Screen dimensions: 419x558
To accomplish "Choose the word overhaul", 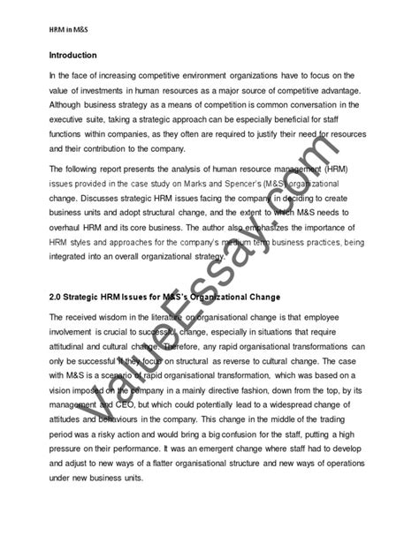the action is [69, 234].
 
